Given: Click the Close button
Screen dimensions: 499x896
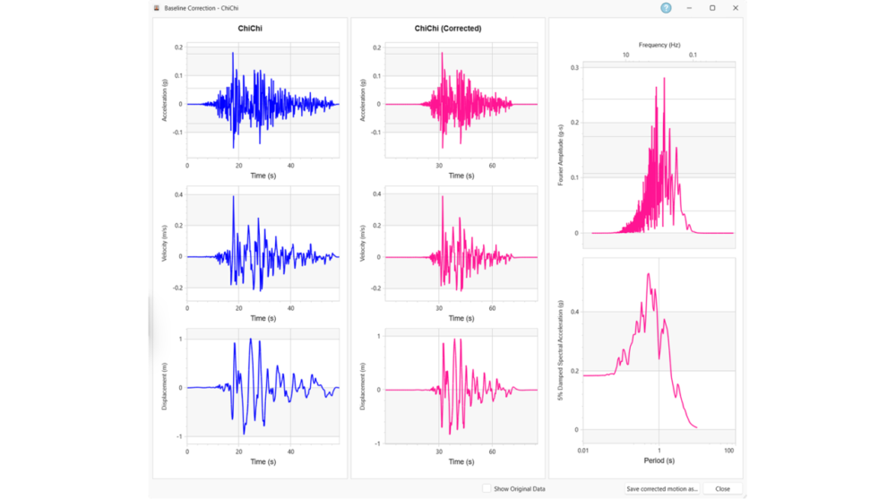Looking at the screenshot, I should pyautogui.click(x=722, y=489).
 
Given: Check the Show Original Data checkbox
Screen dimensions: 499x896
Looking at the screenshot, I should pyautogui.click(x=487, y=489).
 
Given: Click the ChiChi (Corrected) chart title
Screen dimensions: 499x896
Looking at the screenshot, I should pyautogui.click(x=448, y=29).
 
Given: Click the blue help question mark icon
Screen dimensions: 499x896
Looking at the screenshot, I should pyautogui.click(x=666, y=7).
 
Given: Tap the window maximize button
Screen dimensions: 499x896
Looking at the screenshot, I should pyautogui.click(x=712, y=7).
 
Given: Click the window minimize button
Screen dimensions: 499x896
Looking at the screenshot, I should pyautogui.click(x=689, y=7).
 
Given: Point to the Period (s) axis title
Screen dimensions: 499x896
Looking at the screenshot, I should pyautogui.click(x=659, y=460).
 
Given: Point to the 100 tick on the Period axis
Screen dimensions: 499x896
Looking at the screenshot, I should pyautogui.click(x=728, y=450).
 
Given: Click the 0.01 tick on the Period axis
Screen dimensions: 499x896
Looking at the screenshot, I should pyautogui.click(x=583, y=450).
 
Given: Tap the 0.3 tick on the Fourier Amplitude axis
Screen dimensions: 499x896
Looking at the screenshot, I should pyautogui.click(x=575, y=67).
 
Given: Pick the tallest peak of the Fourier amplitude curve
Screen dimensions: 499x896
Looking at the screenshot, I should pyautogui.click(x=664, y=78).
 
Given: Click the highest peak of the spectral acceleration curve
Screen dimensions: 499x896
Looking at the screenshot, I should pyautogui.click(x=648, y=274).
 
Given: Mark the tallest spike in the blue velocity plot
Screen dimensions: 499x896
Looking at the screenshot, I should pyautogui.click(x=233, y=196).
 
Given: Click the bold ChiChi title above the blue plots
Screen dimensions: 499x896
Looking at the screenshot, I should pyautogui.click(x=250, y=29).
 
